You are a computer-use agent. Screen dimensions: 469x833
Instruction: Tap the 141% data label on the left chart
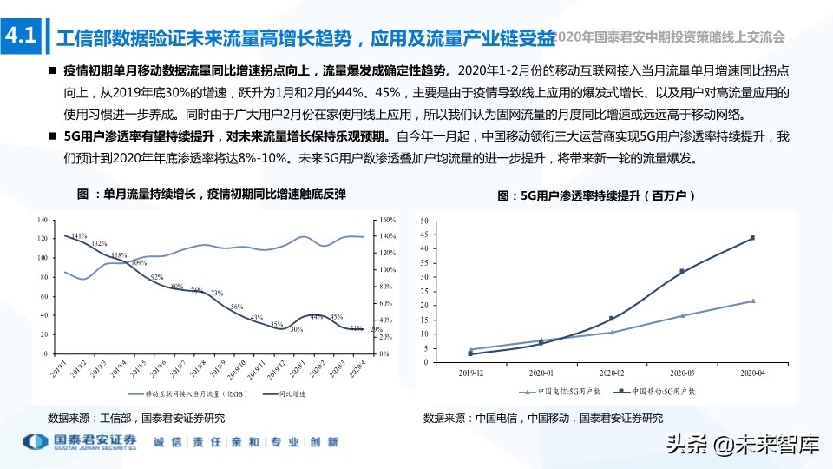pyautogui.click(x=79, y=236)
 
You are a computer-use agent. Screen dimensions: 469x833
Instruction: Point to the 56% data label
pyautogui.click(x=237, y=307)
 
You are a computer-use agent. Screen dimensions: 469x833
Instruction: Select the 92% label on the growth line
pyautogui.click(x=157, y=278)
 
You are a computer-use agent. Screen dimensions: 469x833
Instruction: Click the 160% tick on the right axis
pyautogui.click(x=388, y=219)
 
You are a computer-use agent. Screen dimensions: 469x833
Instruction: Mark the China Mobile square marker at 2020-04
pyautogui.click(x=752, y=237)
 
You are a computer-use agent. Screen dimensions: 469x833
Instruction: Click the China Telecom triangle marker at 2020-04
pyautogui.click(x=752, y=301)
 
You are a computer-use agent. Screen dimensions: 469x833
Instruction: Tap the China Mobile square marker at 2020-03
pyautogui.click(x=682, y=271)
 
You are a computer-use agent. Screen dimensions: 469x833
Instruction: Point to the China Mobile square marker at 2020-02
pyautogui.click(x=612, y=318)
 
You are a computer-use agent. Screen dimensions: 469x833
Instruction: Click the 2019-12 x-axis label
pyautogui.click(x=469, y=371)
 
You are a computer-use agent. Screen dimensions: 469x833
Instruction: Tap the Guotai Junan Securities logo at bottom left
pyautogui.click(x=80, y=442)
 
